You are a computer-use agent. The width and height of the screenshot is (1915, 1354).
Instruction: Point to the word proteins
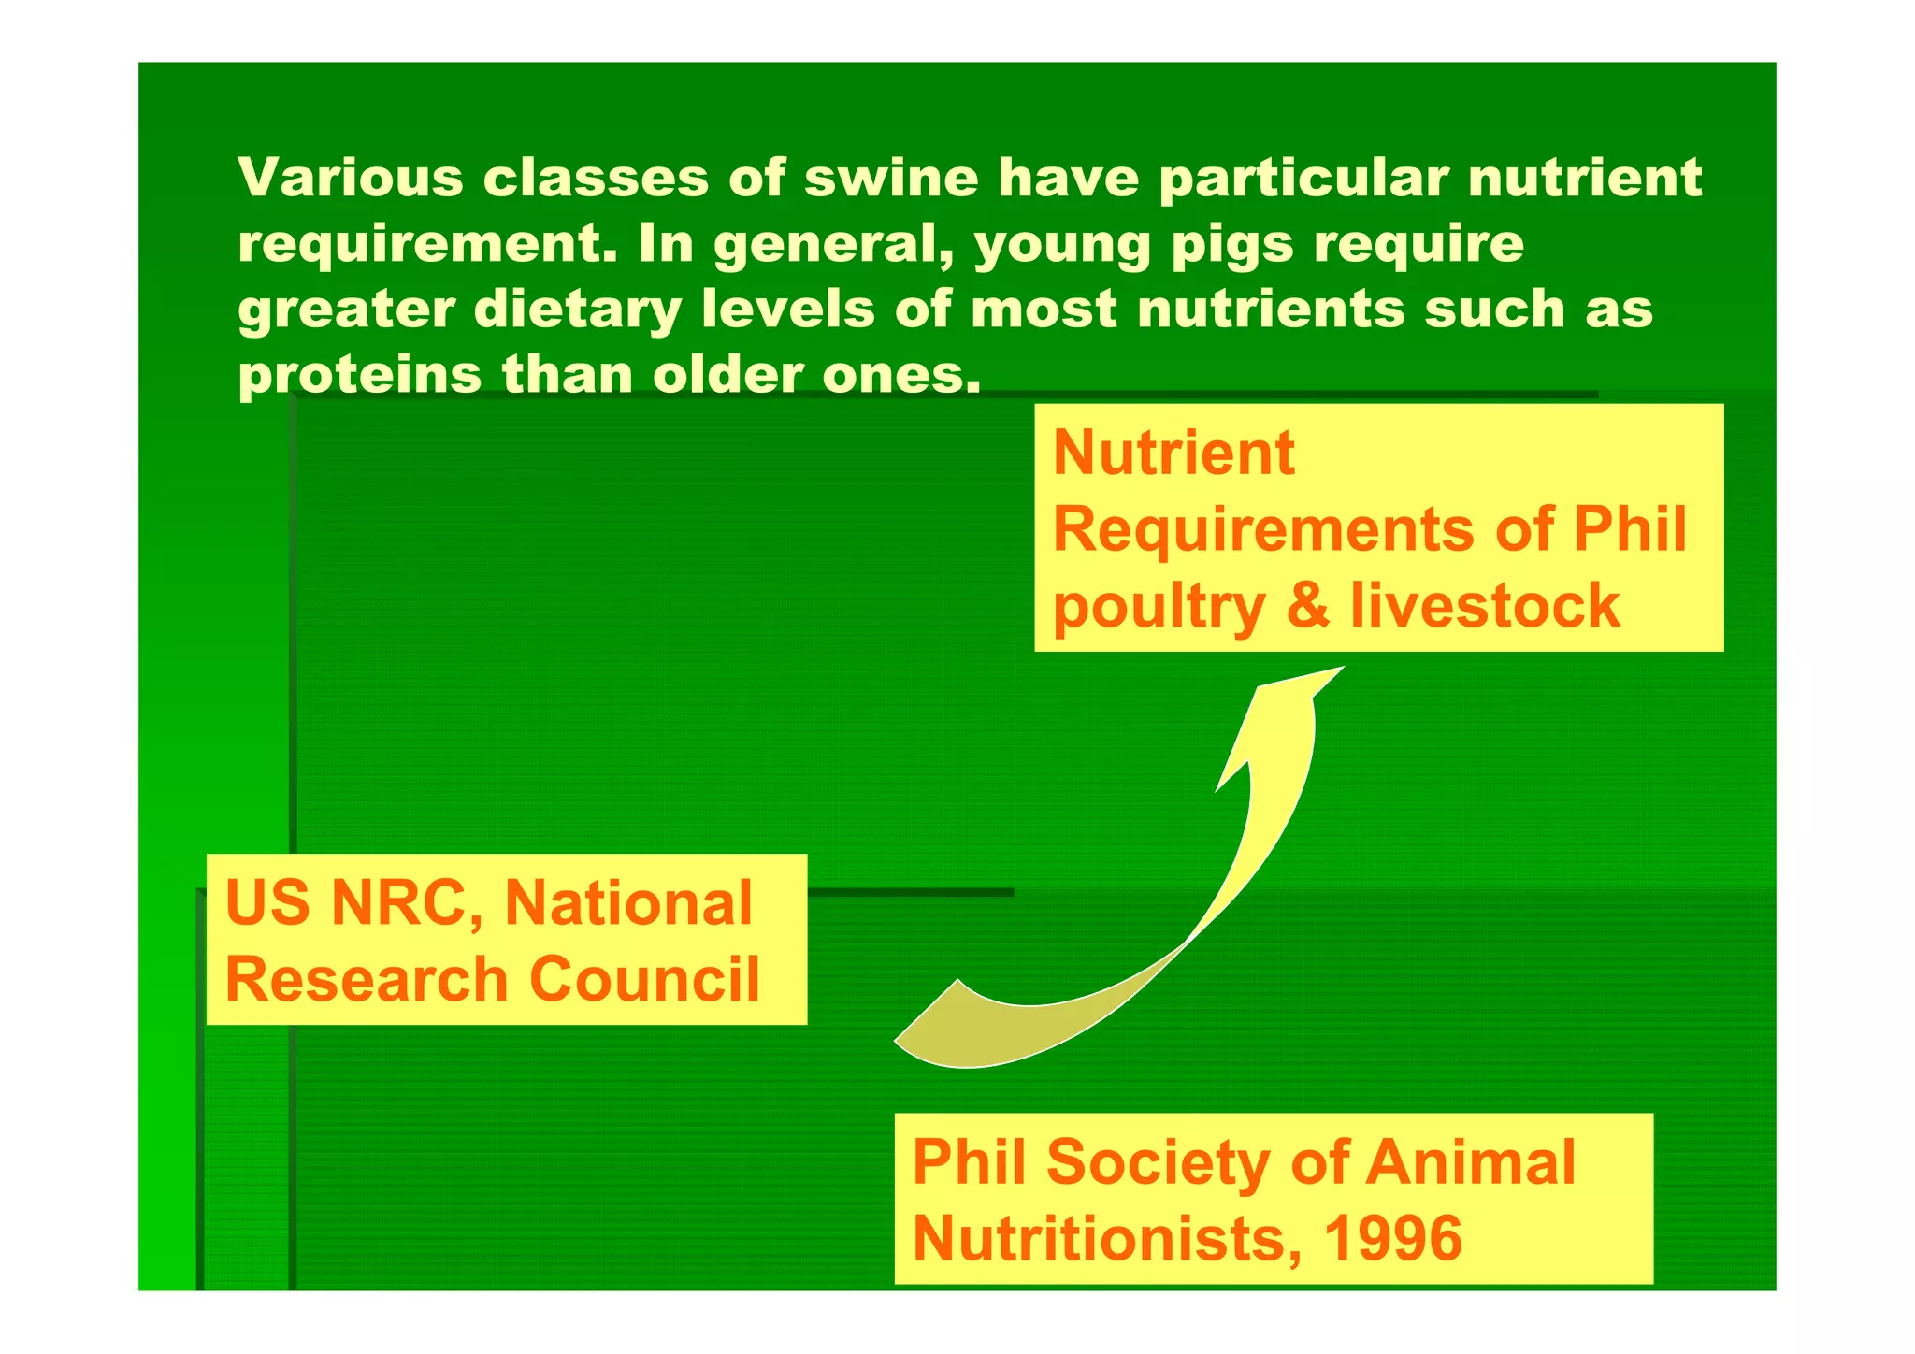pos(360,376)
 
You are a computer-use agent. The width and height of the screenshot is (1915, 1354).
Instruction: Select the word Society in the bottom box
pos(1158,1162)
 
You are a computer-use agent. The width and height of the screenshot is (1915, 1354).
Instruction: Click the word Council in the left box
pos(644,979)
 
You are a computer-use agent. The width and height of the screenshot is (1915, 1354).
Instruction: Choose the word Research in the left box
pos(367,979)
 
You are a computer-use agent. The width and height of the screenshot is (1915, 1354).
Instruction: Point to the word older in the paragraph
pos(725,375)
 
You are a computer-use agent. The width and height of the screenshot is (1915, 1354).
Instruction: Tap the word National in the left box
pos(628,903)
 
